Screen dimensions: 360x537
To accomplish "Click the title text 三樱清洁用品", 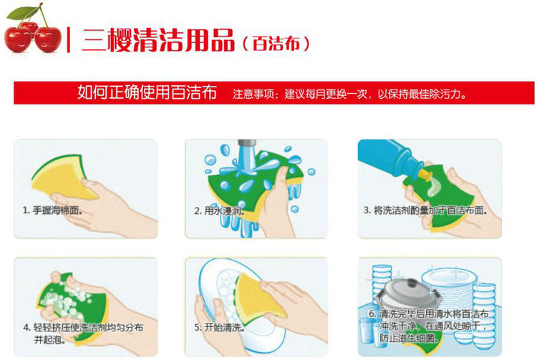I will click(158, 40).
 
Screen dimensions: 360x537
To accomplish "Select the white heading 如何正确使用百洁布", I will click(147, 94).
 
